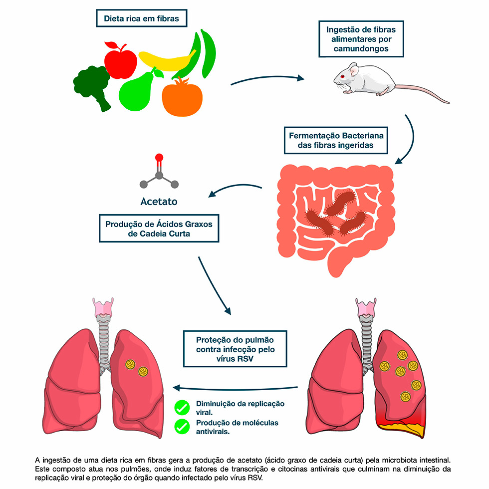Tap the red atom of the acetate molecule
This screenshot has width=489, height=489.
point(159,158)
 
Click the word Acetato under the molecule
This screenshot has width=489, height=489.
point(159,202)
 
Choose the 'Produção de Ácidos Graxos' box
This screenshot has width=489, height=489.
point(159,229)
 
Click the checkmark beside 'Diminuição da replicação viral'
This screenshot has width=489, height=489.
point(182,408)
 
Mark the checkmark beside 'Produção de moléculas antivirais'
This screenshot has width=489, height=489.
point(182,426)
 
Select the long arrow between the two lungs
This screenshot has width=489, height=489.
point(235,388)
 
